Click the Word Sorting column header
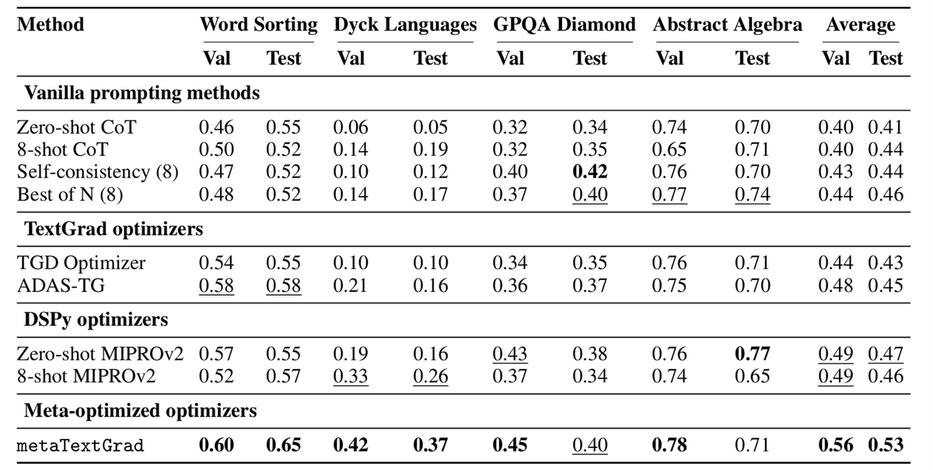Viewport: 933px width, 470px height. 258,24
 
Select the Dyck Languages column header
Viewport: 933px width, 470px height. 405,24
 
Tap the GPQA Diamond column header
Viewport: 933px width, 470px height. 564,24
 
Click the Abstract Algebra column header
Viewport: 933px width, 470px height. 728,24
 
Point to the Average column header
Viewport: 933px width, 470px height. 861,24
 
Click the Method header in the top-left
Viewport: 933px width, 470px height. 51,24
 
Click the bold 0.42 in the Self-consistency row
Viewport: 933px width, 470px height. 589,172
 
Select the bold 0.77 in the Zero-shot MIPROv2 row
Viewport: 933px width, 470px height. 753,354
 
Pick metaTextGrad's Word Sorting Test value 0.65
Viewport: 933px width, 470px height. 283,445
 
